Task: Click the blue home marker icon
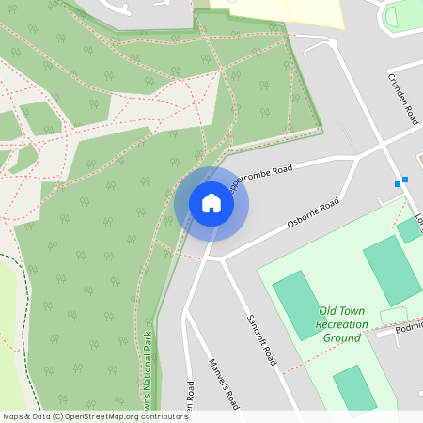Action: pos(211,203)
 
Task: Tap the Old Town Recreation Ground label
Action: pos(341,323)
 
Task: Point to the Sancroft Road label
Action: pos(260,339)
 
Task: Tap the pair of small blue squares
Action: pos(401,181)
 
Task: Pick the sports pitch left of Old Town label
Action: pos(297,302)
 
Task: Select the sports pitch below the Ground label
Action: pos(354,387)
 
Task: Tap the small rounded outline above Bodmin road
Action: pos(393,315)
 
